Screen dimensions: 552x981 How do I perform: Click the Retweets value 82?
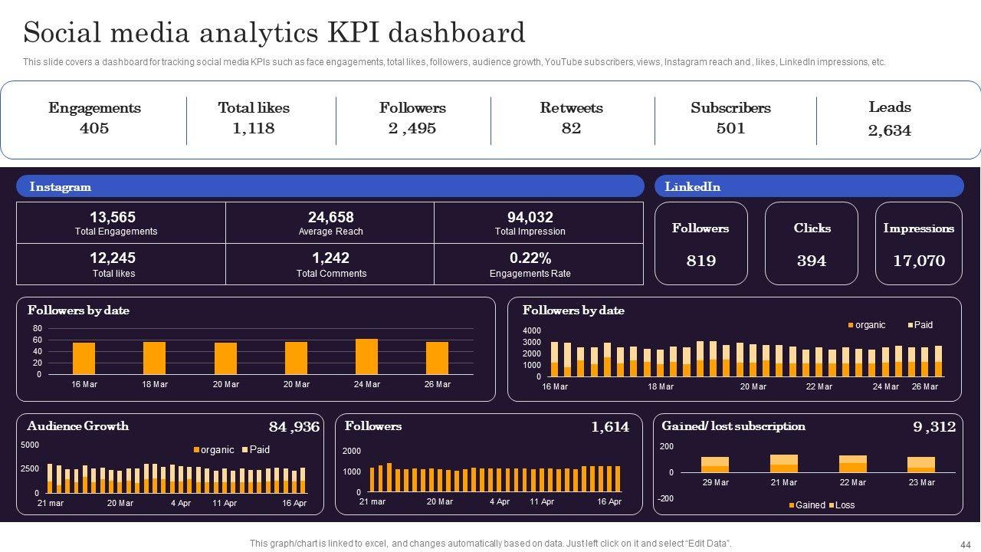click(571, 129)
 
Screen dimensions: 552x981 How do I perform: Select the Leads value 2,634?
click(890, 131)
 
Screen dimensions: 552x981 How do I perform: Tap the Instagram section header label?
click(60, 187)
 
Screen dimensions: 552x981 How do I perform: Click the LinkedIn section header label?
click(692, 187)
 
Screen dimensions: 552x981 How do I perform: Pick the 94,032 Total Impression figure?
click(530, 218)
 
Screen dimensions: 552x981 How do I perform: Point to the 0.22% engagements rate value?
click(530, 258)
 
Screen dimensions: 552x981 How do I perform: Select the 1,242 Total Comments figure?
click(330, 258)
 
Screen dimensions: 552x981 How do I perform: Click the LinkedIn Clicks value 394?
click(812, 261)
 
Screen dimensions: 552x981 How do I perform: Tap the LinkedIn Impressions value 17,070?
click(918, 261)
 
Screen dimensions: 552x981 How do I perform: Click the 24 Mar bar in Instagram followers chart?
click(367, 356)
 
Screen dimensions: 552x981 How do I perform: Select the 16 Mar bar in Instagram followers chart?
click(84, 358)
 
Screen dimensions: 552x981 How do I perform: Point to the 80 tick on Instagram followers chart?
click(38, 329)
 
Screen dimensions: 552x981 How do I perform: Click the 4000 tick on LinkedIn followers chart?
click(532, 331)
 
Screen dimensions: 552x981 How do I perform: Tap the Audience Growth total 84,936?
click(294, 427)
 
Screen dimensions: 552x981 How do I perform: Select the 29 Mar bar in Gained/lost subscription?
click(715, 465)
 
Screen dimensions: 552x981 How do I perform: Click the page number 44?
click(965, 544)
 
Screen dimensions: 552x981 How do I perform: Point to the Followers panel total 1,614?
click(609, 427)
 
